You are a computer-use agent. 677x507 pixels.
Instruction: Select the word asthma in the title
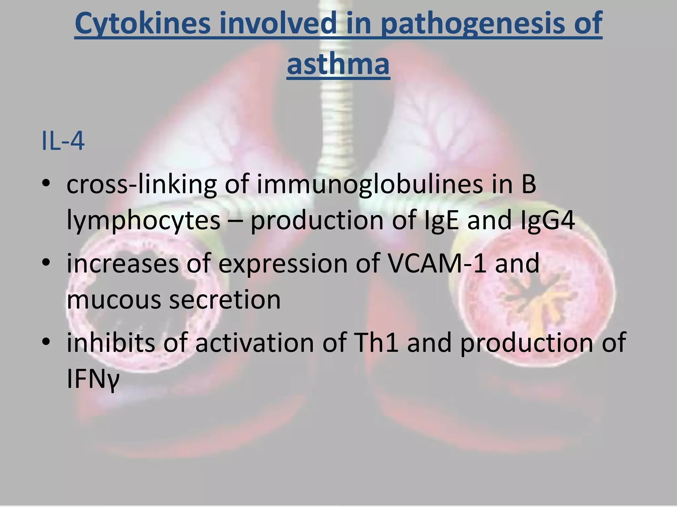coord(338,63)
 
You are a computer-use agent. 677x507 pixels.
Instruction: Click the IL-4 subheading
coord(63,141)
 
